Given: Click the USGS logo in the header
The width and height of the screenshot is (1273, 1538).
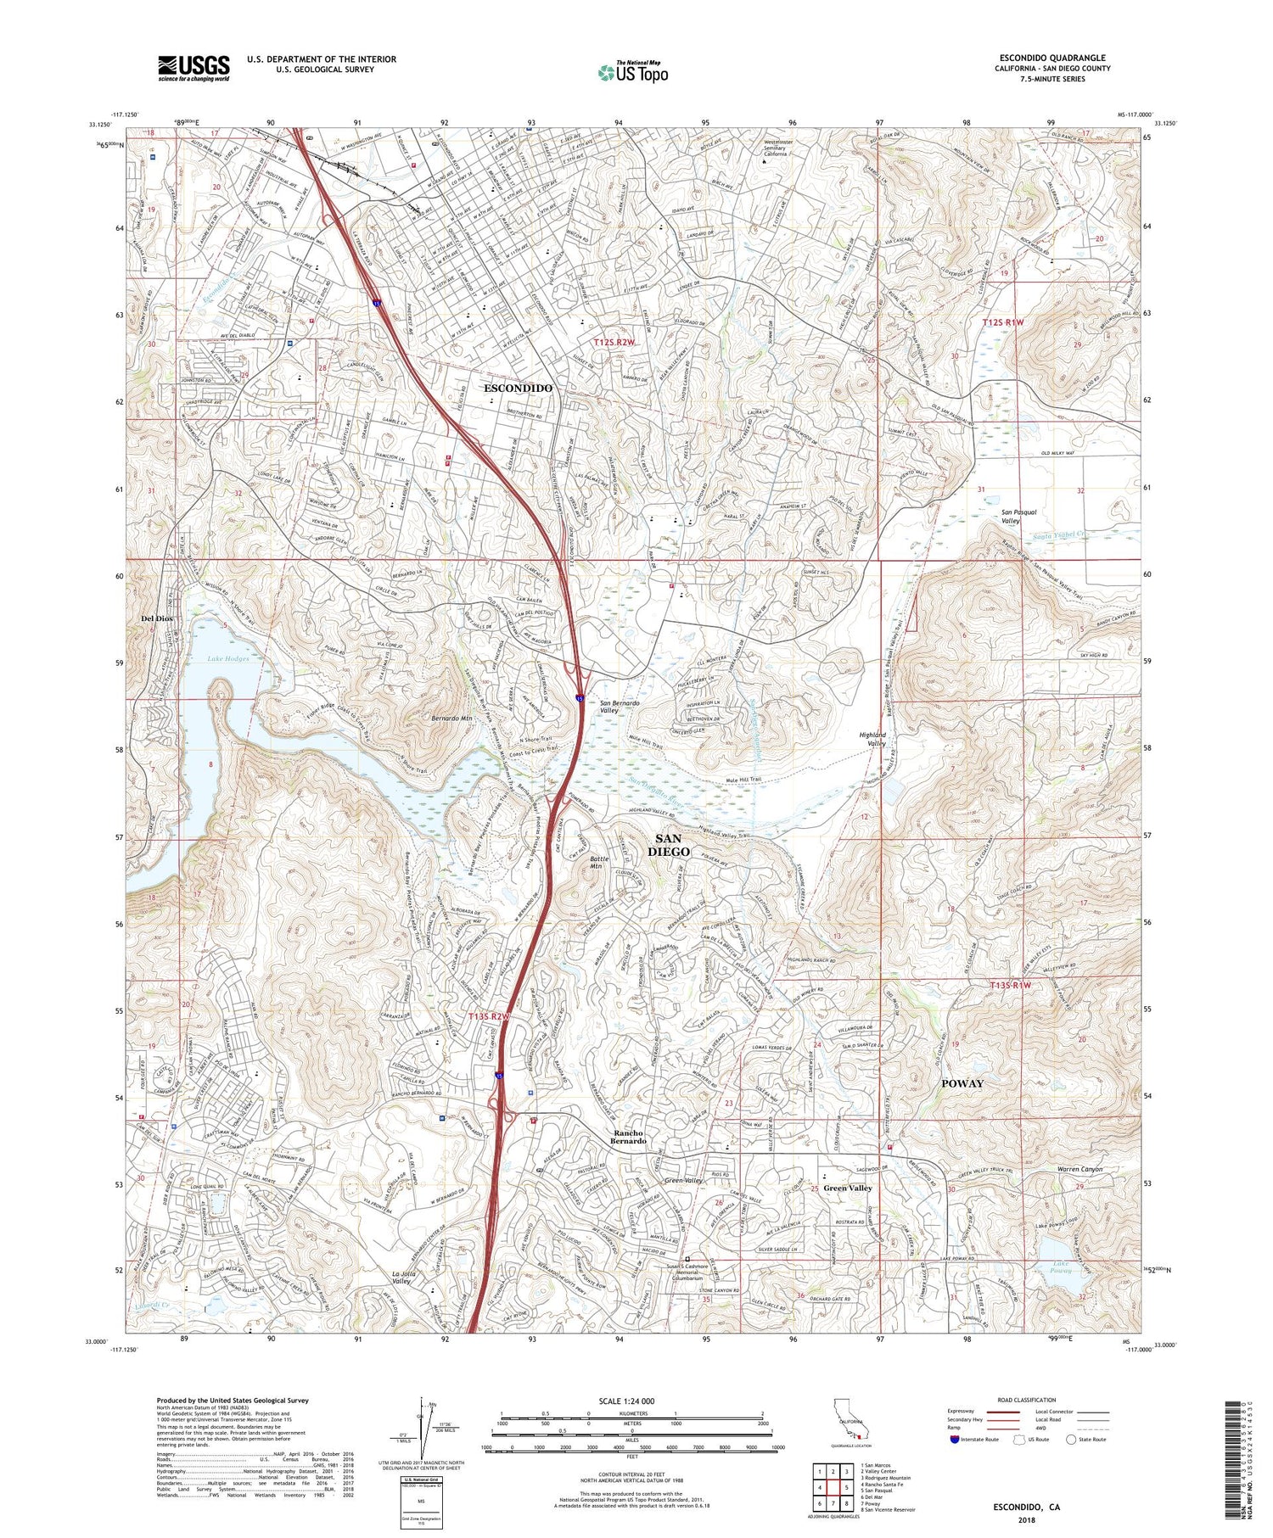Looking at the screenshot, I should [193, 68].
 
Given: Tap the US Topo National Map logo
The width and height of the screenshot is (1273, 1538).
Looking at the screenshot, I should [632, 72].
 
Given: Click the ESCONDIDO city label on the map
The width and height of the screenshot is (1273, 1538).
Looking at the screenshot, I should [518, 388].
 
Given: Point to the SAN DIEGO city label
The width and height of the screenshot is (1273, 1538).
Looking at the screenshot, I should [669, 845].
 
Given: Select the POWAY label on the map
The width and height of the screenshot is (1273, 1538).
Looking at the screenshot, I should [962, 1083].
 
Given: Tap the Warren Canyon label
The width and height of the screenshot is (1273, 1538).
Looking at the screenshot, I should [1080, 1170].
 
